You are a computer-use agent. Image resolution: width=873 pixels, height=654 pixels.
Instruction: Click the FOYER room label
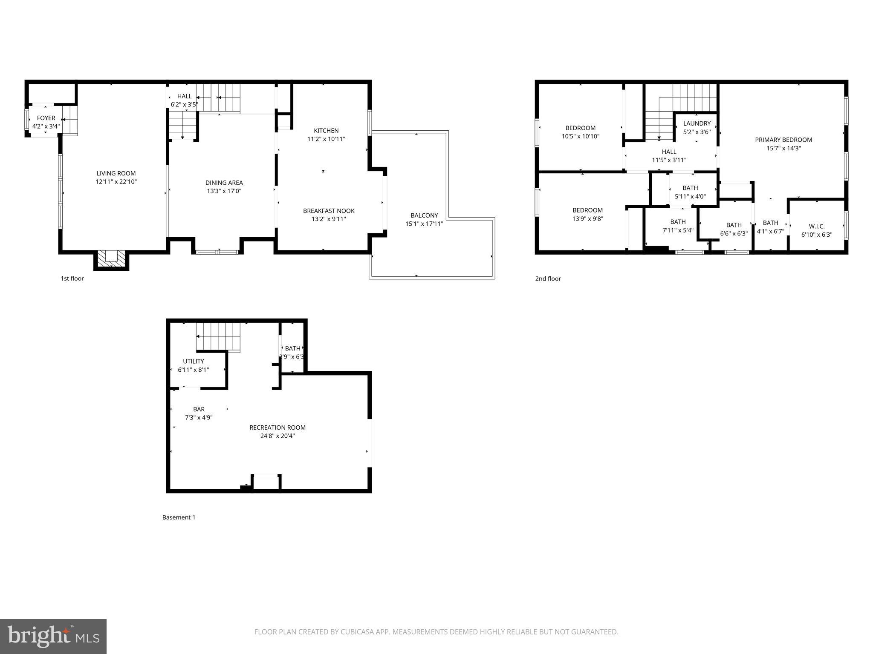tap(46, 118)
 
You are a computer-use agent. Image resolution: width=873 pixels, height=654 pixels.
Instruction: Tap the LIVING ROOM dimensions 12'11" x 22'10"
tap(116, 182)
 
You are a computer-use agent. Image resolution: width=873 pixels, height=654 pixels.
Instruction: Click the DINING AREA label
tap(224, 183)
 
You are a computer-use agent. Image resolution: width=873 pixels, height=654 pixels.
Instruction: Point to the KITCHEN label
tap(326, 131)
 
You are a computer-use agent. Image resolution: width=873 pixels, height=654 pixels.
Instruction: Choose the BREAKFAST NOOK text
tap(329, 211)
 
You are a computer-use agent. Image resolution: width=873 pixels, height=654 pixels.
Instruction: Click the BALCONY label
tap(424, 215)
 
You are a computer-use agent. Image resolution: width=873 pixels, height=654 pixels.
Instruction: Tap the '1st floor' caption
tap(72, 278)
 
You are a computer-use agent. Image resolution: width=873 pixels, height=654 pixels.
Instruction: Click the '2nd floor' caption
tap(548, 278)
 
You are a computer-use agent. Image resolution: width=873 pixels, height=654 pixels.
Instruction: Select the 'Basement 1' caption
tap(179, 517)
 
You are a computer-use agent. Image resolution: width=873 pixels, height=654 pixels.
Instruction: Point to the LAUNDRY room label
tap(697, 123)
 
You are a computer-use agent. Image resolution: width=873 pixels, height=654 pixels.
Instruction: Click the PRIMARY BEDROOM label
tap(783, 140)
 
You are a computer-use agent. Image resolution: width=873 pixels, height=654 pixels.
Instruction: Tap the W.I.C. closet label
tap(816, 227)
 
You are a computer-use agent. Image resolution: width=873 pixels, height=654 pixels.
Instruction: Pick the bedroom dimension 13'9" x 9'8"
tap(587, 219)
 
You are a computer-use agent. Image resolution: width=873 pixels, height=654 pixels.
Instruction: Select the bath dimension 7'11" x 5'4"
tap(678, 230)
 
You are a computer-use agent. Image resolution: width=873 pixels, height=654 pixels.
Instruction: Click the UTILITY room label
tap(194, 361)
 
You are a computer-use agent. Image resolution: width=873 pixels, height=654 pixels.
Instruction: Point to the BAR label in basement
tap(199, 409)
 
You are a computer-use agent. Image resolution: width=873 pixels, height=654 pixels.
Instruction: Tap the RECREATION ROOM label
tap(278, 427)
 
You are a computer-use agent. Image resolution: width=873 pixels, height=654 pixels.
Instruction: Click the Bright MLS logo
tap(53, 637)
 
